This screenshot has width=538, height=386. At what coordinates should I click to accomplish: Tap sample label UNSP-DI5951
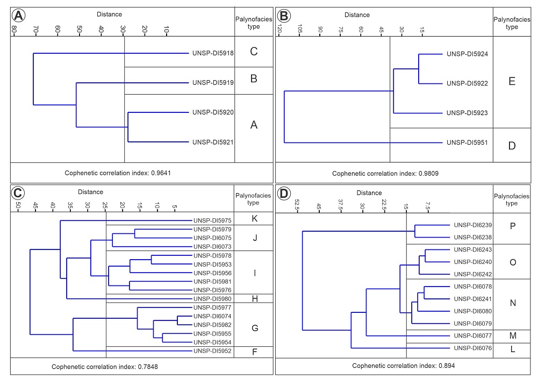pyautogui.click(x=467, y=143)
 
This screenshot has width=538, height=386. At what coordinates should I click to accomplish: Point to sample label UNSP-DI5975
pyautogui.click(x=213, y=220)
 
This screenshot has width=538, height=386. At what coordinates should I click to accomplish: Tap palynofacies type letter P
pyautogui.click(x=512, y=226)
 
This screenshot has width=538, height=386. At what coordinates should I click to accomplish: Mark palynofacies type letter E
pyautogui.click(x=512, y=82)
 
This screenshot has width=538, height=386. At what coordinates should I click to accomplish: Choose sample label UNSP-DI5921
pyautogui.click(x=213, y=142)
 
